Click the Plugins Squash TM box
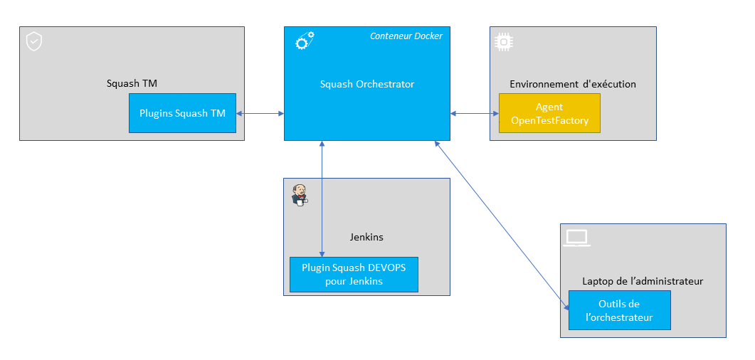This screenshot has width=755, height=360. click(182, 113)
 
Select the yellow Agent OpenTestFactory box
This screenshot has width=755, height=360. click(549, 114)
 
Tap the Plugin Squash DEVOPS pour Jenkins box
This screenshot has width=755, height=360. click(353, 275)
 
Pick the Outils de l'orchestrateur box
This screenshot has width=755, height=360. click(619, 310)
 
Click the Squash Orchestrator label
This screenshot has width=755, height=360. click(366, 84)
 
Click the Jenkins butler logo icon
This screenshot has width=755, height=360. click(300, 194)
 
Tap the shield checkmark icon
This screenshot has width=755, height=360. click(33, 41)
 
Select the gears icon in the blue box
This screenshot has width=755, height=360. click(305, 41)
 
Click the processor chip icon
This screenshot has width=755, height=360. click(503, 42)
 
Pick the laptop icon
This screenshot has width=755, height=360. click(576, 238)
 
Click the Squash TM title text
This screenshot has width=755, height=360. click(132, 83)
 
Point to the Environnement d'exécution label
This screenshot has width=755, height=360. click(572, 84)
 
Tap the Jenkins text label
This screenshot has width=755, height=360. click(366, 237)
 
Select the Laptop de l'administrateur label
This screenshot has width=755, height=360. click(642, 281)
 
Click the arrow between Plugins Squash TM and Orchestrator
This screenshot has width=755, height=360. click(260, 113)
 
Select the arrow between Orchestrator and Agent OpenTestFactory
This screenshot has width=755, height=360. click(474, 113)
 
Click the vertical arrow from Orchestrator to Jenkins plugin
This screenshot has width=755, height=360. click(322, 199)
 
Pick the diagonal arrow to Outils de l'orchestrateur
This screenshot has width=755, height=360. click(502, 224)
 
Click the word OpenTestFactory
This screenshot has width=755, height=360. click(549, 120)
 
